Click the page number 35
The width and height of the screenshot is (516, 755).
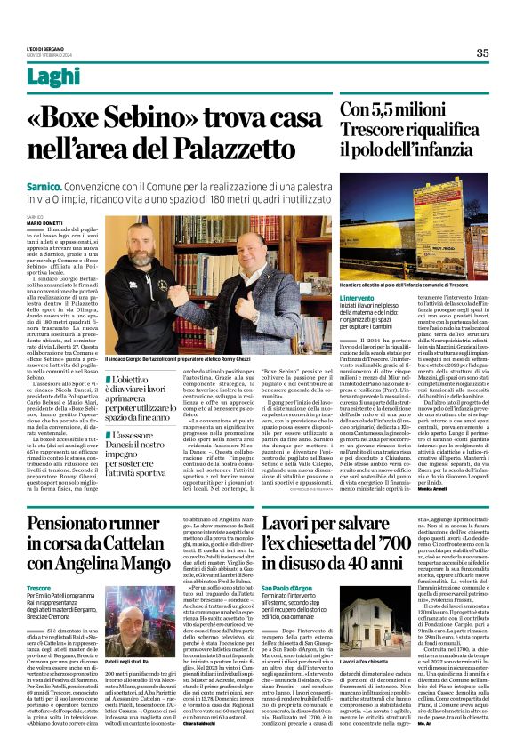(x=482, y=52)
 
